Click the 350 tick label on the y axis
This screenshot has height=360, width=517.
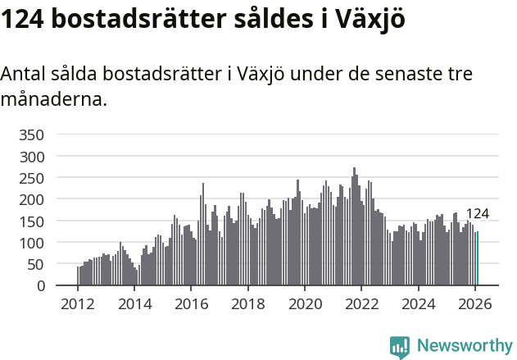coord(42,134)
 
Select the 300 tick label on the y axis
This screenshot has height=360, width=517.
coord(42,156)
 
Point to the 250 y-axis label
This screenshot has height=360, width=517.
coord(42,178)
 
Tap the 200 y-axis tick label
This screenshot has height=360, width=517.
coord(42,199)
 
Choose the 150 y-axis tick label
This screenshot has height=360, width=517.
coord(42,221)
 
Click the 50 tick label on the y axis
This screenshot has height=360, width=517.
coord(46,264)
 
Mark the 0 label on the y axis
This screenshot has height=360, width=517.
coord(50,286)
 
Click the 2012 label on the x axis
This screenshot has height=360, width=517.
coord(78,304)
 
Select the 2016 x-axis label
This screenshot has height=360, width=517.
coord(191,304)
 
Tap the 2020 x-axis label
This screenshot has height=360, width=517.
coord(305,304)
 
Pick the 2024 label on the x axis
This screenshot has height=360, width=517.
coord(419,304)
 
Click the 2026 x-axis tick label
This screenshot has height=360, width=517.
coord(475,304)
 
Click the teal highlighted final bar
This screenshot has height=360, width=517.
coord(478,259)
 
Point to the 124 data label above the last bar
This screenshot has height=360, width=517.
coord(478,214)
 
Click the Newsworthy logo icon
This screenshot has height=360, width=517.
coord(400,347)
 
